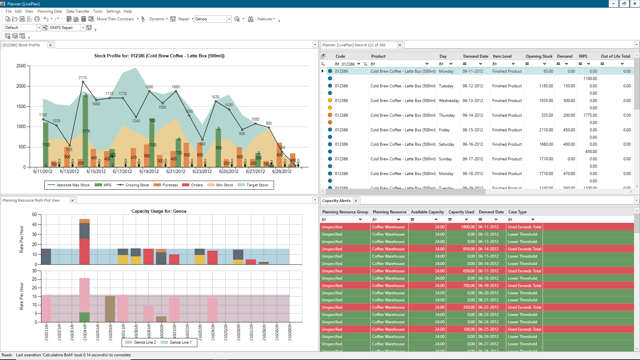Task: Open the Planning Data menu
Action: (49, 11)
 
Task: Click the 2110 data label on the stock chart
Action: (83, 78)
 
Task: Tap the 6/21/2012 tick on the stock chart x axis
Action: (176, 172)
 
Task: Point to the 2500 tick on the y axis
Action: (21, 66)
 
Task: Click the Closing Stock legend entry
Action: (137, 185)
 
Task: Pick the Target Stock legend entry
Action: (257, 185)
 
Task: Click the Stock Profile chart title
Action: (159, 56)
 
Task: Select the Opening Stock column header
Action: (539, 56)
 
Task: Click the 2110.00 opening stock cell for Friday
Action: (546, 130)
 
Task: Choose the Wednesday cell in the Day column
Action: (449, 101)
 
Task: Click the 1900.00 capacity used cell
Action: (468, 227)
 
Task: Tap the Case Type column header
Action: (517, 212)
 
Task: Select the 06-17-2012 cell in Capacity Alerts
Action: (488, 271)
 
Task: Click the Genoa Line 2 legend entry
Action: (145, 342)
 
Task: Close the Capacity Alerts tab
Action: (356, 201)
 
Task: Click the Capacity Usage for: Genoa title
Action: (159, 211)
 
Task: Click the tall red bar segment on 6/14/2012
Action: (84, 251)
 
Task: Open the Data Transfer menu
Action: (78, 11)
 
